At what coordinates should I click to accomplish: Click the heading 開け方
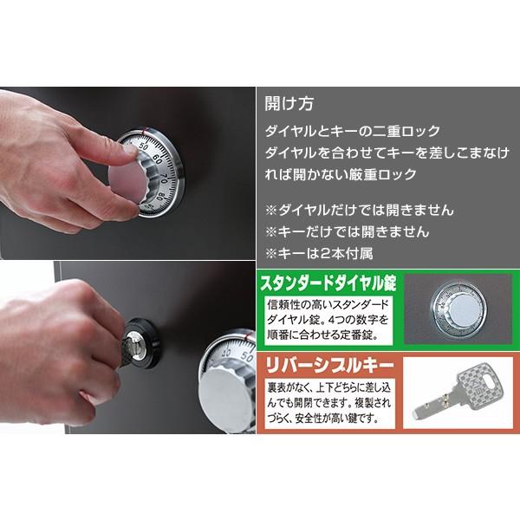click(289, 102)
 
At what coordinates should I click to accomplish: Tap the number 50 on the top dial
click(143, 147)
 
